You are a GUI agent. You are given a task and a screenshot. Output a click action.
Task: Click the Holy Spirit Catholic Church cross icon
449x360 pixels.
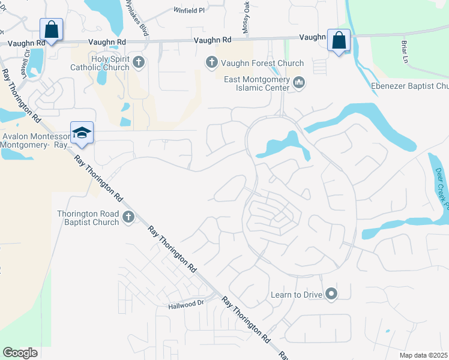tap(139, 62)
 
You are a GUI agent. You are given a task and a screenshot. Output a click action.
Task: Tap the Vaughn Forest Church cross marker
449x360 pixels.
tap(211, 62)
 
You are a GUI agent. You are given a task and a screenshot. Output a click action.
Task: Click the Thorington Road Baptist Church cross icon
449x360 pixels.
tap(128, 218)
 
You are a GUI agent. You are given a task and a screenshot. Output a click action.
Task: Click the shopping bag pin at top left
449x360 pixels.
tap(52, 29)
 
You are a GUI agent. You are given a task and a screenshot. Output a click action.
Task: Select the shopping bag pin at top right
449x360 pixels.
tap(339, 40)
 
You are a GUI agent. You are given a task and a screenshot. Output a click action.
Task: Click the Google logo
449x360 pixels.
tap(20, 352)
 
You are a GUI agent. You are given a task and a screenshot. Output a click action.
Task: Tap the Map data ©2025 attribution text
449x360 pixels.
tap(423, 355)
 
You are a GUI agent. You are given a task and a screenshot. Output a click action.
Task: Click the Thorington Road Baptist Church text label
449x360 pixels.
tap(88, 218)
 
